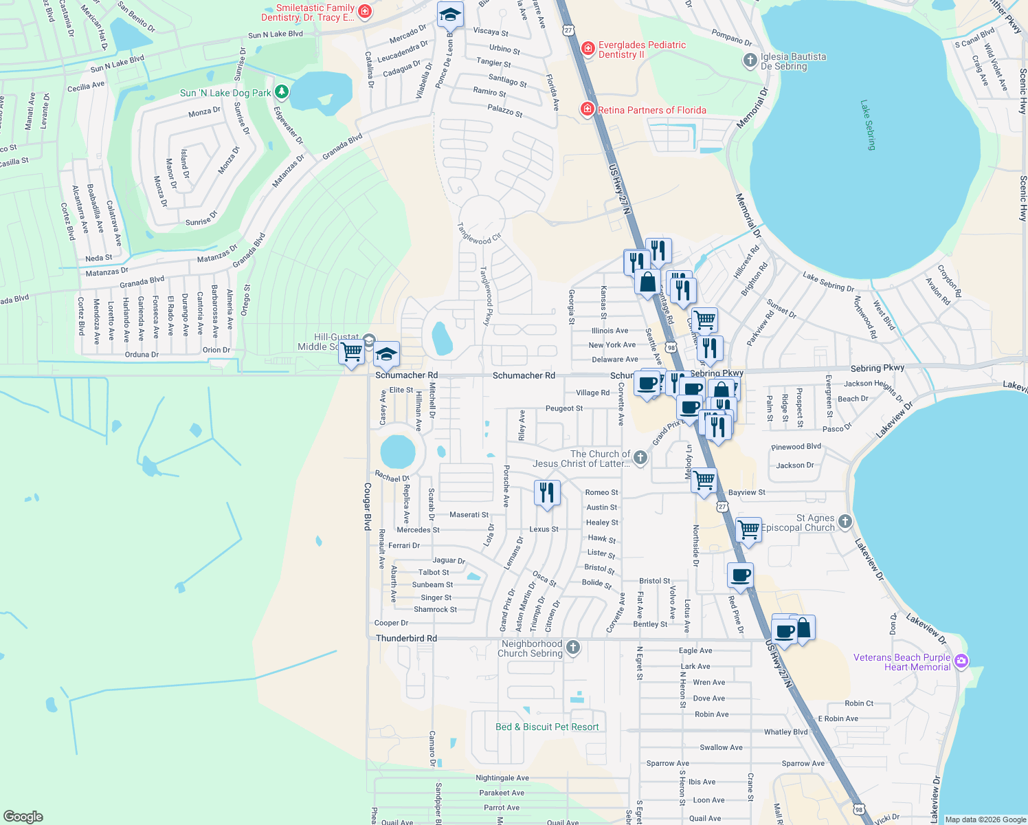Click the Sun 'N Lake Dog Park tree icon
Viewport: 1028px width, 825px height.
pyautogui.click(x=281, y=91)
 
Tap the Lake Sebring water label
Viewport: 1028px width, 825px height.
pyautogui.click(x=869, y=125)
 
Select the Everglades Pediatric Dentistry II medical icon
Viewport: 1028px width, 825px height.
pyautogui.click(x=588, y=48)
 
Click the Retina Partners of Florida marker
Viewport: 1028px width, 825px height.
pyautogui.click(x=587, y=109)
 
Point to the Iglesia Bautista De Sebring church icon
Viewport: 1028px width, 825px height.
pyautogui.click(x=750, y=60)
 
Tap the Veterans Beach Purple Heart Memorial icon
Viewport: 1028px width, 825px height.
pyautogui.click(x=961, y=661)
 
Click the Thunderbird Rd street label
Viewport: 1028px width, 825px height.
pyautogui.click(x=406, y=638)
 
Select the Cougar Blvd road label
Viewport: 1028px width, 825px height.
pyautogui.click(x=368, y=506)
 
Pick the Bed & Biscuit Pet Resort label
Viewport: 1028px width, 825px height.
pyautogui.click(x=547, y=727)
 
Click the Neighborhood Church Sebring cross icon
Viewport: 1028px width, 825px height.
pyautogui.click(x=573, y=648)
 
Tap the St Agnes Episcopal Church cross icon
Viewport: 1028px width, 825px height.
pyautogui.click(x=845, y=522)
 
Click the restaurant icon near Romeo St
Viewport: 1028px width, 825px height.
pyautogui.click(x=547, y=493)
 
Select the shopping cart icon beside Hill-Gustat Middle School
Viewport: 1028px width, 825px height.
pyautogui.click(x=352, y=351)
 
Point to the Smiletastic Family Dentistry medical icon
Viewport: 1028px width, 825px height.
pyautogui.click(x=365, y=11)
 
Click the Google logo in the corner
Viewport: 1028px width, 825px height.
pyautogui.click(x=23, y=816)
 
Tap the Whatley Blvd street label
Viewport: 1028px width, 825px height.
pyautogui.click(x=785, y=732)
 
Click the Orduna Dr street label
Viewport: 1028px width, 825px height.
pyautogui.click(x=142, y=355)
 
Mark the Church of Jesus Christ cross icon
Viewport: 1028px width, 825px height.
pyautogui.click(x=640, y=457)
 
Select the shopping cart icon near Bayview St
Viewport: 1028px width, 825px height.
pyautogui.click(x=704, y=480)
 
